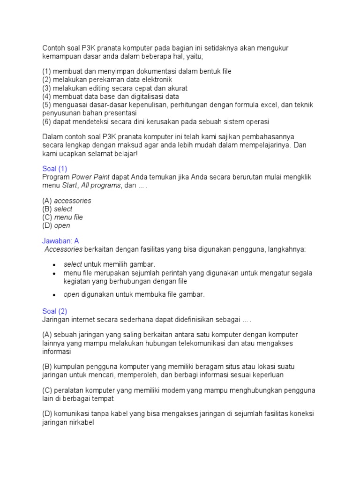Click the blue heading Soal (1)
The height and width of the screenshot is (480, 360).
coord(55,169)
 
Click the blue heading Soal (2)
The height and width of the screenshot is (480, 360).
coord(55,311)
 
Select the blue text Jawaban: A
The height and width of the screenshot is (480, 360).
coord(60,241)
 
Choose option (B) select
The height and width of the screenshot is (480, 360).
coord(57,209)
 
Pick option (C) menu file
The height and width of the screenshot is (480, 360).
coord(62,217)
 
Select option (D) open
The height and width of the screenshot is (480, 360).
coord(56,226)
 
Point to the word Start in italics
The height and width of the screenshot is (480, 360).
coord(70,186)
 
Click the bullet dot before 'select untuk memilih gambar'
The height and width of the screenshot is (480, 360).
coord(54,265)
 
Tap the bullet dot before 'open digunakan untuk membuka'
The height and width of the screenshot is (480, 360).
coord(54,295)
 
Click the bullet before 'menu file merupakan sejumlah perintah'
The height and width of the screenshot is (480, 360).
coord(54,273)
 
